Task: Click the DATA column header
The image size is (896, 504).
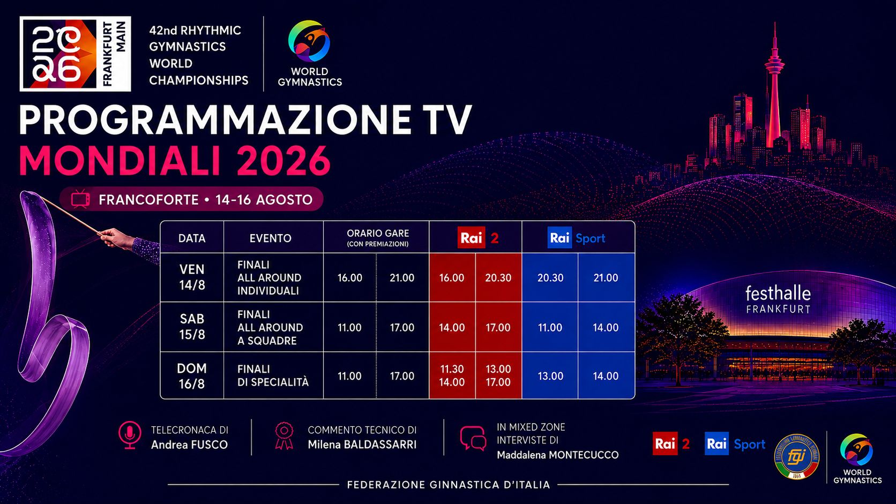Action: coord(192,238)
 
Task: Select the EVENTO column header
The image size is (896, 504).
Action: coord(271,238)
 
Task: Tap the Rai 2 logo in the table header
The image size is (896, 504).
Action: coord(478,238)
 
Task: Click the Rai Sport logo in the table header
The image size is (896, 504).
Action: coord(577,238)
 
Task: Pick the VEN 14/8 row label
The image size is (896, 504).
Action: coord(192,277)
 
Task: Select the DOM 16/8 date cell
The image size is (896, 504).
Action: coord(192,375)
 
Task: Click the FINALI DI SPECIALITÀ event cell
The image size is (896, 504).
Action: coord(273,375)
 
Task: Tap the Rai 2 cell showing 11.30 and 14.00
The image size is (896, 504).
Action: coord(452,375)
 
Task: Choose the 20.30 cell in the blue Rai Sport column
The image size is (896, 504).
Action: coord(550,278)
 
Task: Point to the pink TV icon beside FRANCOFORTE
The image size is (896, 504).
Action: coord(80,199)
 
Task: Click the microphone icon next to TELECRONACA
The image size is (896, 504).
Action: coord(130,435)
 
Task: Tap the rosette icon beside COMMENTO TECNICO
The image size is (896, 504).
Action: coord(284,436)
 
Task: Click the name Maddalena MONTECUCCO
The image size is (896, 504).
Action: coord(558,455)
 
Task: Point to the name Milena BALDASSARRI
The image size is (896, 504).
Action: coord(362,445)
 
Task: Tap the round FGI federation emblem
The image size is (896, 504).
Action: coord(797,456)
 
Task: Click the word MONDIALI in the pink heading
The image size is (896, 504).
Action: coord(119,161)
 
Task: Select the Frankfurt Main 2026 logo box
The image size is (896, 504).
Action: coord(75,54)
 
